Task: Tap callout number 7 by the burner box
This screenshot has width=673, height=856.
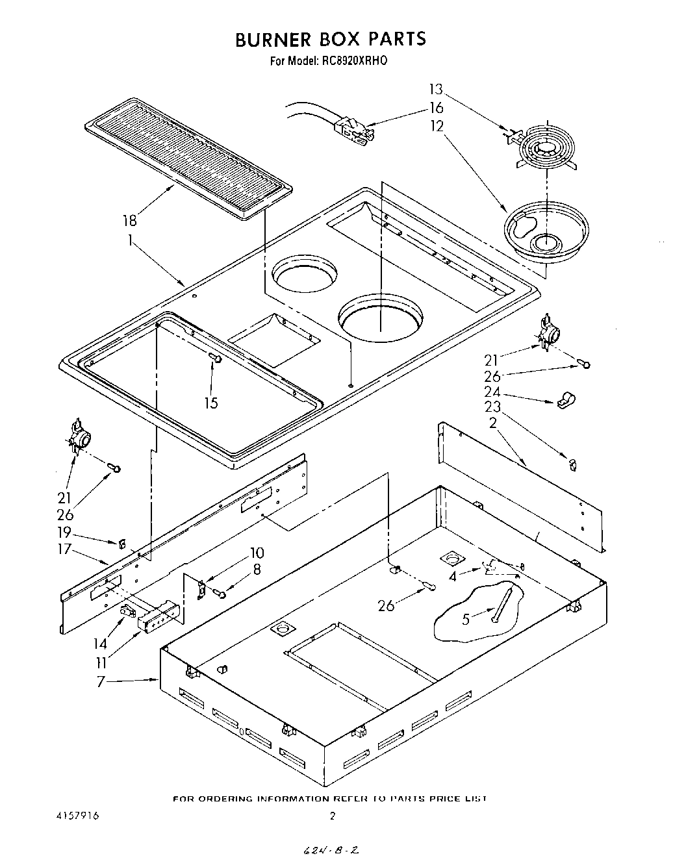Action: pyautogui.click(x=101, y=683)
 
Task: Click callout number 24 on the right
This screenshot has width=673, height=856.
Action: pyautogui.click(x=492, y=392)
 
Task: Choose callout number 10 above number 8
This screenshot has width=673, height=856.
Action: pyautogui.click(x=257, y=553)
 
